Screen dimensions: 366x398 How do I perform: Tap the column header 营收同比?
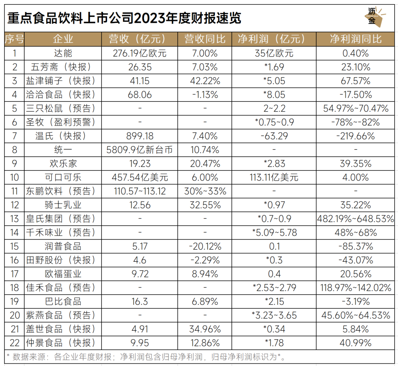(205, 39)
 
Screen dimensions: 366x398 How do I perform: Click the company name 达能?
(63, 53)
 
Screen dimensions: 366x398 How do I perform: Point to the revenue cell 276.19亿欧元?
(140, 53)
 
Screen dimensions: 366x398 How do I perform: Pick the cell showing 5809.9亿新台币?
(140, 150)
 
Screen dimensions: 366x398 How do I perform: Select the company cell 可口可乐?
(63, 178)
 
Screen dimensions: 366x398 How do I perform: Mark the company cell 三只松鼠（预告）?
(63, 108)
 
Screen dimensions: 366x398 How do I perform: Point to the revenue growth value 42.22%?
(205, 81)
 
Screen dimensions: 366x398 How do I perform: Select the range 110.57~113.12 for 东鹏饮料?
(140, 191)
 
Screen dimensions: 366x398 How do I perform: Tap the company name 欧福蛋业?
(63, 274)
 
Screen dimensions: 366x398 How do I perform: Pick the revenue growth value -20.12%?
(205, 246)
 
